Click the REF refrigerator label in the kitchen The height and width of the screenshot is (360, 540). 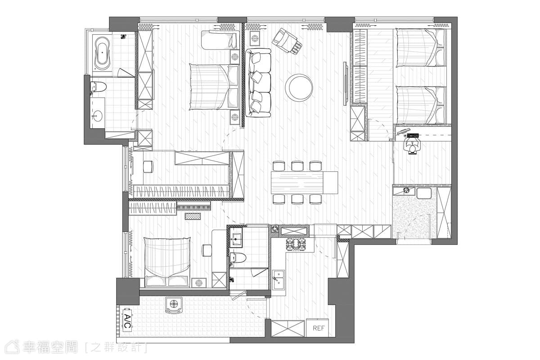(x=319, y=328)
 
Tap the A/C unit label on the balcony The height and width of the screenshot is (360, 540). (x=127, y=321)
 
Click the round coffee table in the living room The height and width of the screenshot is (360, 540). (x=299, y=88)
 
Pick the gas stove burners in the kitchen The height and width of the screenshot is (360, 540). (x=296, y=244)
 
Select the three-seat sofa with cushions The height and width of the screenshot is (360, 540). (x=258, y=83)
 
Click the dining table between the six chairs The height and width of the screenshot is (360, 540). (x=305, y=183)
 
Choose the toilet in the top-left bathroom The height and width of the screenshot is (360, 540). (x=98, y=87)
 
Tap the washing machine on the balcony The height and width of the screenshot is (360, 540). (x=174, y=305)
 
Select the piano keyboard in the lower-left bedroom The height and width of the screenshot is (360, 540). (x=194, y=207)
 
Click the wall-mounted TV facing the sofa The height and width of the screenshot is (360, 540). (x=346, y=84)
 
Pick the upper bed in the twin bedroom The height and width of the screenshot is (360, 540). (x=421, y=48)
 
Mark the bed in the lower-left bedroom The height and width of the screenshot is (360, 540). (x=167, y=262)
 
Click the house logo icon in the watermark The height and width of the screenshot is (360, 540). (x=13, y=347)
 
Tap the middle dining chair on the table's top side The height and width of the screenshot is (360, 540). (x=297, y=166)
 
